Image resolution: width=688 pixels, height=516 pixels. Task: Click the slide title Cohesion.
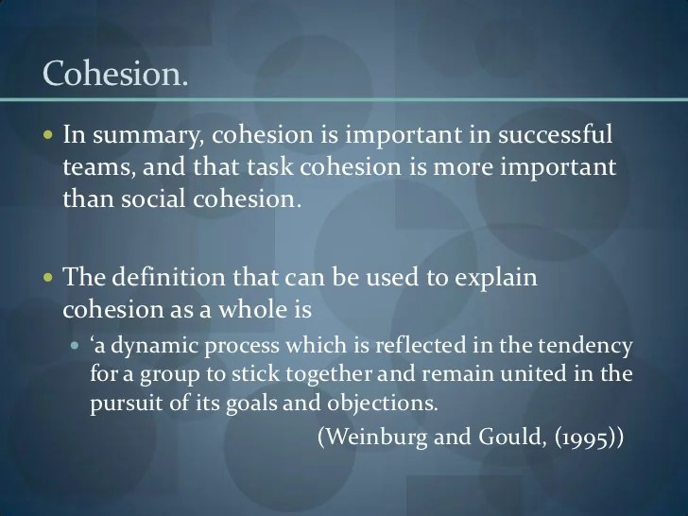[x=115, y=74]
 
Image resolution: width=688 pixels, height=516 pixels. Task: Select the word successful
[x=555, y=133]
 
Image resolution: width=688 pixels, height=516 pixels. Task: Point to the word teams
[x=98, y=167]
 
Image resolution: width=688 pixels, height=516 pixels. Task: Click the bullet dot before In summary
[x=48, y=134]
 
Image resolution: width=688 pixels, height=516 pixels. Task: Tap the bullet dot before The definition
[x=48, y=277]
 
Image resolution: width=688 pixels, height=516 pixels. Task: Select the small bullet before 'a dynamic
[x=75, y=345]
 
